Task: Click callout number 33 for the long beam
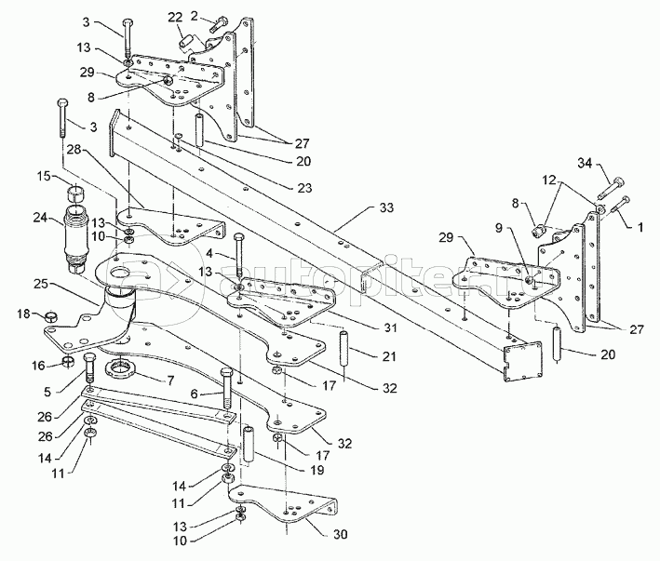coord(387,209)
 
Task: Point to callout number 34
coord(610,166)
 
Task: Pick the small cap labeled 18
coord(51,317)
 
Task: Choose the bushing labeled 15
coord(76,194)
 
